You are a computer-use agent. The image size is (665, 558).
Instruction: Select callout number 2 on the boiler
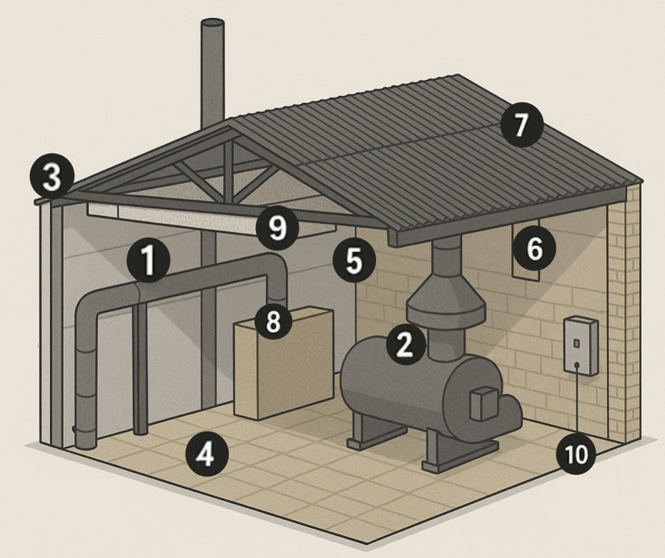[404, 345]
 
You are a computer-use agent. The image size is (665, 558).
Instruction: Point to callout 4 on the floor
[206, 454]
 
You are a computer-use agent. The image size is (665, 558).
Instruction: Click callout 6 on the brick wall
[534, 248]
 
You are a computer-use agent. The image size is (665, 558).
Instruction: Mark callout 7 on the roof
[521, 125]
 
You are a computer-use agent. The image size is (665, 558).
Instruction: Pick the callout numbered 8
[273, 321]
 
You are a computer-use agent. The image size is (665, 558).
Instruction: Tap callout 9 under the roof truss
[277, 227]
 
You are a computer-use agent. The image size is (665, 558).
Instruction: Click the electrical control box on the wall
[580, 346]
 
